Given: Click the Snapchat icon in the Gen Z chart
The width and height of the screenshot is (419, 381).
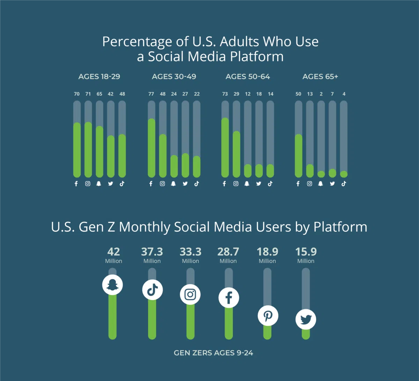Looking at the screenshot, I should pos(112,285).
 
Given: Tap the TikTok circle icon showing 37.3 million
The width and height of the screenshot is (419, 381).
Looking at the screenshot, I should pos(152,290).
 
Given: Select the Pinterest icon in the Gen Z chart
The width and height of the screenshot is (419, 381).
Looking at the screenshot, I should pos(268,316).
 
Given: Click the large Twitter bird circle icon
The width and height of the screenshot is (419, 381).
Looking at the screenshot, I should pos(306,319).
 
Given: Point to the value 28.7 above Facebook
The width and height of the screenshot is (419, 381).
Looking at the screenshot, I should pos(228,252).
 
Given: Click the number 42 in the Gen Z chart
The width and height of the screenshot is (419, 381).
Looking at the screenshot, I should pos(113,252).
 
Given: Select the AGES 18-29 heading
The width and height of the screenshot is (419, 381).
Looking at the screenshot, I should pos(99,77).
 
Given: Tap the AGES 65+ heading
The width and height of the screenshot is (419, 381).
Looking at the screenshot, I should pos(320,77).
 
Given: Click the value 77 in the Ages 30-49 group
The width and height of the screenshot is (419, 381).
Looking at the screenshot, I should pos(151,94).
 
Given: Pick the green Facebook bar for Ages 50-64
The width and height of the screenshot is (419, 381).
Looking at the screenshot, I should pos(225,148).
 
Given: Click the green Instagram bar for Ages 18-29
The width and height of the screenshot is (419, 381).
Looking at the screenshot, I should pos(88,150).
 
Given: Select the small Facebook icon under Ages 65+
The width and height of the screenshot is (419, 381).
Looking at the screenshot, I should pos(298,184).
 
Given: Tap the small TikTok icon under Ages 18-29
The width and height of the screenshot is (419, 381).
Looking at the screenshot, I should pos(122,184).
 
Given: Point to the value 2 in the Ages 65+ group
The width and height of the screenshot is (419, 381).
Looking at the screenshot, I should pos(321,94).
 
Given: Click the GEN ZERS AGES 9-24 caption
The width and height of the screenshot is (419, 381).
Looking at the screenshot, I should pos(213,353).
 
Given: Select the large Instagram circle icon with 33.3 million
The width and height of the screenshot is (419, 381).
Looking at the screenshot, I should pos(190,294).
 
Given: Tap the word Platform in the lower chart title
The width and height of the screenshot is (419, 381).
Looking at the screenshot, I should pos(340,227).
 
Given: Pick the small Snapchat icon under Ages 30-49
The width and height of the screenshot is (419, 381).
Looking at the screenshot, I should pos(174,184).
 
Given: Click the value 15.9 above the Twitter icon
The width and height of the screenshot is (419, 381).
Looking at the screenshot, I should pos(306,252).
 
